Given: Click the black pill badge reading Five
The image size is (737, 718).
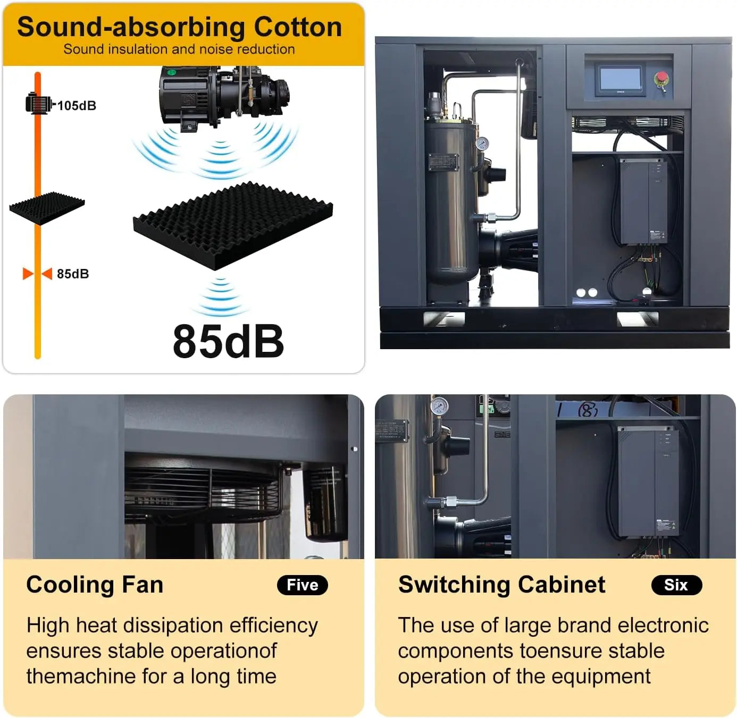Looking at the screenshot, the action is tap(302, 585).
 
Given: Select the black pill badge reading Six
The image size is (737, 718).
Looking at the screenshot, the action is tap(676, 585).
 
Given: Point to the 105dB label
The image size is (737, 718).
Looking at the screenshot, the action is tap(77, 106).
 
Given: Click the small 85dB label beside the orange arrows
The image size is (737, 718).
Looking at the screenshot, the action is tap(73, 274).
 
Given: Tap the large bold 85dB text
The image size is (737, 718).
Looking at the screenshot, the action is tap(228, 341).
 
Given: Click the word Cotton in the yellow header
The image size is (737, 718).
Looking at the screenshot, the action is tap(298, 27).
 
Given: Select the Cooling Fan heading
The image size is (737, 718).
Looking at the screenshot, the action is tap(95, 585).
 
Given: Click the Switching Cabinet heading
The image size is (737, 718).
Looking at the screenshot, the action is tap(502, 585).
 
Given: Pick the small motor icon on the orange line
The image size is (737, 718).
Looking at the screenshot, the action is tap(40, 103).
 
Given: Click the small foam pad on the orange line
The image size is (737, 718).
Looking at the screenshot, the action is tap(47, 208).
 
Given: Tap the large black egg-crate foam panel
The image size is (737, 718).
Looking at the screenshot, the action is tap(233, 225).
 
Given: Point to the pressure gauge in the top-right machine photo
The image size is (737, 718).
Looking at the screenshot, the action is tap(482, 143).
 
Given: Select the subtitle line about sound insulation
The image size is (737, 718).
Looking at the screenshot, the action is tap(179, 49).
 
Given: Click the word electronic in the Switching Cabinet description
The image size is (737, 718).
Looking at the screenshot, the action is tap(663, 625).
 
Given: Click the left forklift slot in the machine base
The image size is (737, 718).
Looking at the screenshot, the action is tap(444, 318).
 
